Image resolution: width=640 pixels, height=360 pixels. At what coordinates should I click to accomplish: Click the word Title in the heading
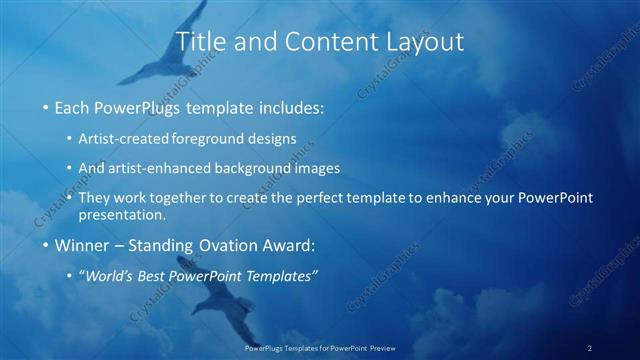(200, 42)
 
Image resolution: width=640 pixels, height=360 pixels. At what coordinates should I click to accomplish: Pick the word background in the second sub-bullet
(266, 168)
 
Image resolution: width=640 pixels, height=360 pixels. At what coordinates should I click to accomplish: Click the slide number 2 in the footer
(589, 348)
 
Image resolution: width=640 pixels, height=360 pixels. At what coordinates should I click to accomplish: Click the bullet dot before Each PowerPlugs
(46, 107)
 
